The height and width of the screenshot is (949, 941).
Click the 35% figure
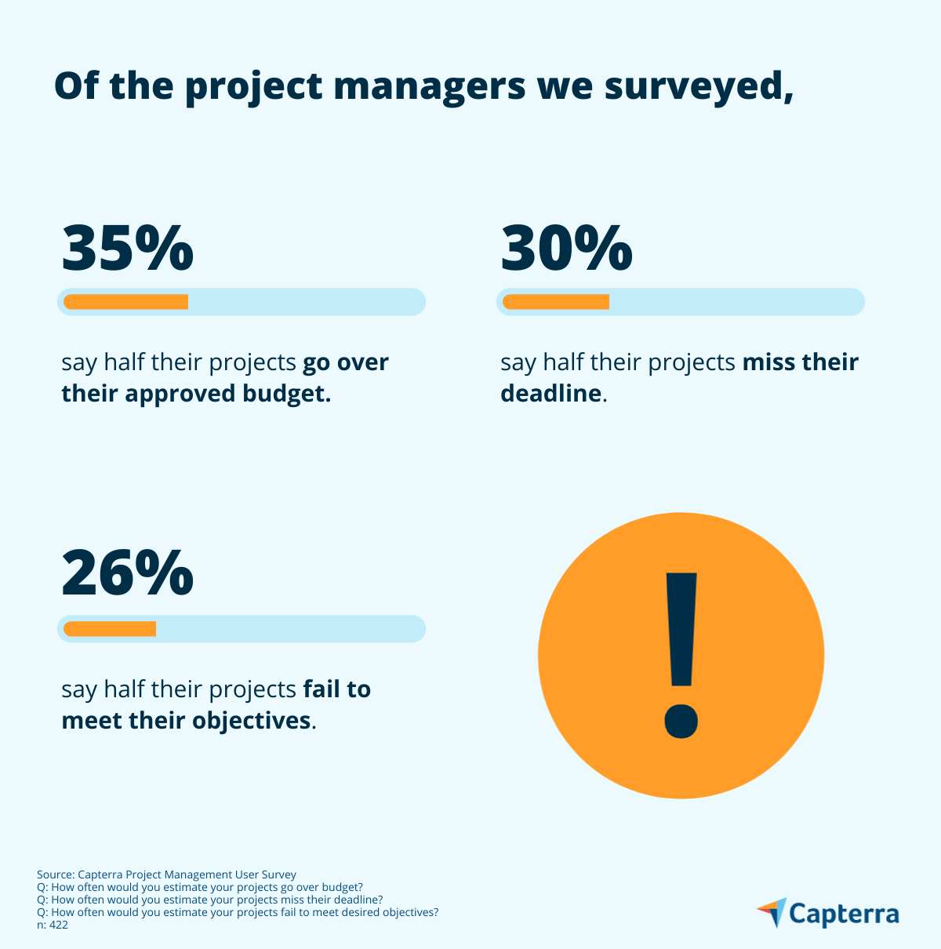tap(127, 248)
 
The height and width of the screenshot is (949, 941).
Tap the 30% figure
tap(566, 248)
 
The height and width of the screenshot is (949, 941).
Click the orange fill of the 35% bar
tap(125, 302)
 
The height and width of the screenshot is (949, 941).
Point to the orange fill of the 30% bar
tap(556, 302)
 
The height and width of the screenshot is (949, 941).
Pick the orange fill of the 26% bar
tap(110, 628)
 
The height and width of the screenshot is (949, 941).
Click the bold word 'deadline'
tap(550, 393)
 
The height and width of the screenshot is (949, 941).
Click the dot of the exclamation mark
tap(681, 721)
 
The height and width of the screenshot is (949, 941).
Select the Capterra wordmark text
tap(844, 914)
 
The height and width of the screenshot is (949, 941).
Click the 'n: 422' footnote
tap(53, 925)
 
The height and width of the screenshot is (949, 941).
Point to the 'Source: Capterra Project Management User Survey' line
tap(166, 874)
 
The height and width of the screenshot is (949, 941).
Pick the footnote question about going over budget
tap(200, 887)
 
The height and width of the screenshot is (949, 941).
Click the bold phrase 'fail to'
tap(337, 689)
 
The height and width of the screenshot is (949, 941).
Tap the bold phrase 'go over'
tap(346, 362)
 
